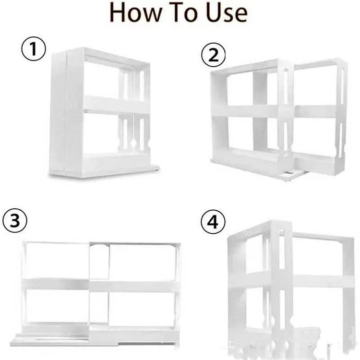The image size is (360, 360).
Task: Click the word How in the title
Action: [x=138, y=14]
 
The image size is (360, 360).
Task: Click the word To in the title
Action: [x=188, y=14]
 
